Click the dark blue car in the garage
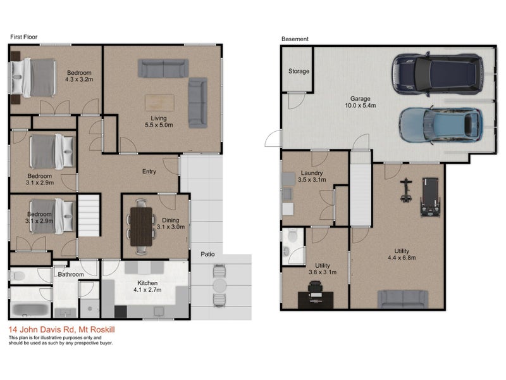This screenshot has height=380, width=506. pyautogui.click(x=438, y=74)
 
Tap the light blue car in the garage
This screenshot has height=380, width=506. pyautogui.click(x=441, y=125)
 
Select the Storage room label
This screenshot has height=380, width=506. pyautogui.click(x=299, y=71)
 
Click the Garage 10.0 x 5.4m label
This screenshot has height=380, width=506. pyautogui.click(x=360, y=102)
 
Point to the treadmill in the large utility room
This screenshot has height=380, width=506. pyautogui.click(x=430, y=197)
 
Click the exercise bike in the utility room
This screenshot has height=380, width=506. pyautogui.click(x=406, y=191)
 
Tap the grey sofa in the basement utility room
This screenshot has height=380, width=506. pyautogui.click(x=403, y=299)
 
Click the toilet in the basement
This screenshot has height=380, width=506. pyautogui.click(x=293, y=236)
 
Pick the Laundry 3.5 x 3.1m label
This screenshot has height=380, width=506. pyautogui.click(x=312, y=177)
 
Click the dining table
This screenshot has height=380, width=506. pyautogui.click(x=141, y=227)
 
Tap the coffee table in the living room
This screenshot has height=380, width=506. pyautogui.click(x=159, y=103)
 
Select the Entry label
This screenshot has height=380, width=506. pyautogui.click(x=149, y=172)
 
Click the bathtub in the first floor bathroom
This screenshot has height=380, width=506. pyautogui.click(x=30, y=310)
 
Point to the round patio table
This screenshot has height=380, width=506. pyautogui.click(x=220, y=286)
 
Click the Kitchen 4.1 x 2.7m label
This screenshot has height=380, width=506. pyautogui.click(x=147, y=287)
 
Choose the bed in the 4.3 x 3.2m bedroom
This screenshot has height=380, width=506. pyautogui.click(x=33, y=77)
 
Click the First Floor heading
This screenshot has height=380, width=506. pyautogui.click(x=23, y=37)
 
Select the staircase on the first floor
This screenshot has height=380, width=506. pyautogui.click(x=89, y=215)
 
